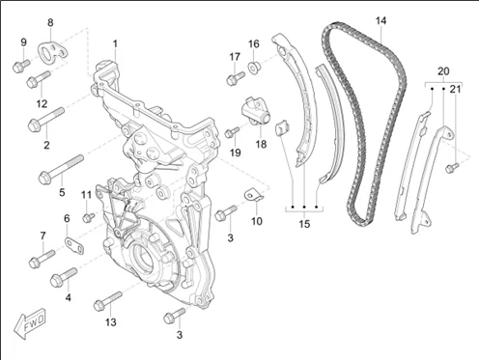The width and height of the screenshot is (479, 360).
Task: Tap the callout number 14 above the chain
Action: (380, 21)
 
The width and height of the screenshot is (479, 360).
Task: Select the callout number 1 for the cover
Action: (115, 43)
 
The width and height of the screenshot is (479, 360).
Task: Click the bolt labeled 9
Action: (21, 66)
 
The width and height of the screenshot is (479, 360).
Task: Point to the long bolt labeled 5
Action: (61, 170)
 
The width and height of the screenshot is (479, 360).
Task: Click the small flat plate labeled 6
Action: (74, 245)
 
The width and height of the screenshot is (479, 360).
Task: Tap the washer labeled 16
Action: (254, 69)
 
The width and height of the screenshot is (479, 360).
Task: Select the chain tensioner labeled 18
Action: (257, 111)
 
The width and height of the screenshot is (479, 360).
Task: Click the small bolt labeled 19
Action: (232, 132)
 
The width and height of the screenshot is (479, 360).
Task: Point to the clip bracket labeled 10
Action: (253, 196)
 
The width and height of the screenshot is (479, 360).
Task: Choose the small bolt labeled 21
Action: (452, 167)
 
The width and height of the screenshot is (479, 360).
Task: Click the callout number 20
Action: (443, 71)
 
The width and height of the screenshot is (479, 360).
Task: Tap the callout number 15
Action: (304, 224)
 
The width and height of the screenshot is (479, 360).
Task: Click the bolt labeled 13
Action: (108, 301)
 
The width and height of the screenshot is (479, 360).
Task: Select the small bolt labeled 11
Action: (88, 217)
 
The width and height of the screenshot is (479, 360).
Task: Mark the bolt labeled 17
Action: (236, 78)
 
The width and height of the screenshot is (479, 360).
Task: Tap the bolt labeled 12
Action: (39, 79)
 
